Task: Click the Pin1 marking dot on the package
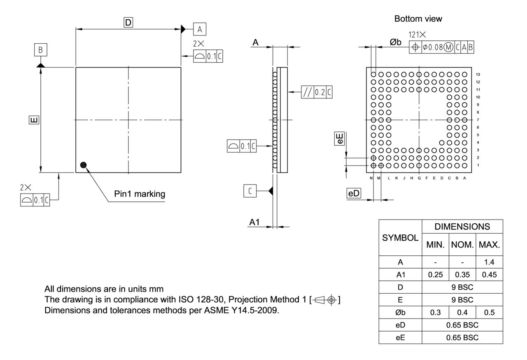click(84, 165)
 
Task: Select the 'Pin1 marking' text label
click(140, 194)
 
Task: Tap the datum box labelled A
click(200, 29)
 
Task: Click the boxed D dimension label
click(128, 23)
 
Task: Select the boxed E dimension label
click(34, 120)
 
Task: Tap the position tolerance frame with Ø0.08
click(441, 47)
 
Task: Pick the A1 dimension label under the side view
click(254, 222)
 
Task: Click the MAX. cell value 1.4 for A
click(489, 262)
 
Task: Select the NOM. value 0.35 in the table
click(462, 274)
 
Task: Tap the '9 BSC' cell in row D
click(462, 287)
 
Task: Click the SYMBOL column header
click(400, 238)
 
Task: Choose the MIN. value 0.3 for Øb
click(436, 312)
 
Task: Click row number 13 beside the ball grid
click(478, 75)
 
